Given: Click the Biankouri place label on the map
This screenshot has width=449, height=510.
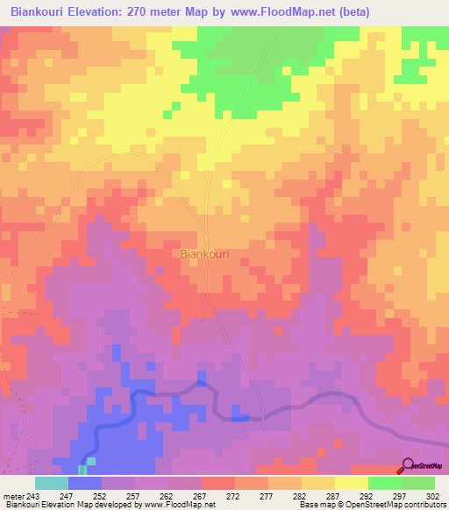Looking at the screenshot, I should point(204,253).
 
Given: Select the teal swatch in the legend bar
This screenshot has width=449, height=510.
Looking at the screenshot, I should point(52,483).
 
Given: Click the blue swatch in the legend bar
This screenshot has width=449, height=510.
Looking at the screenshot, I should point(85,483).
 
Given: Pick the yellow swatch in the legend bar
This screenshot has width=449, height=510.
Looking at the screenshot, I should point(352,483).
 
